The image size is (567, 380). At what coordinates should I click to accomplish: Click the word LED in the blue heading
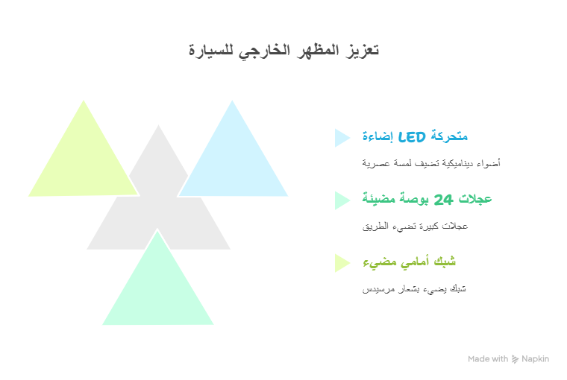point(412,137)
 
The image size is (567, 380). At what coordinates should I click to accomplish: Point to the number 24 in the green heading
point(443,200)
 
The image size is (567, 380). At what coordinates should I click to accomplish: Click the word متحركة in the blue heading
point(449,137)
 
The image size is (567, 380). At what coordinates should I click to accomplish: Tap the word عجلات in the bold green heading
point(475,200)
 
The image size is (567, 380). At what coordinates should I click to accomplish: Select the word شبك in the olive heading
point(445,262)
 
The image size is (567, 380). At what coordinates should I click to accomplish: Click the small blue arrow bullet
point(342,138)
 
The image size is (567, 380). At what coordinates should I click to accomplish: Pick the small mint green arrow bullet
point(342,200)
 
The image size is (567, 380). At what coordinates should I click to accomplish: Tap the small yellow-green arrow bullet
point(342,263)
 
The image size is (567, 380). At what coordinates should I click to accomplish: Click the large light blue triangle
point(233,162)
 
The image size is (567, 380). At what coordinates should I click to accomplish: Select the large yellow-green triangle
point(84,162)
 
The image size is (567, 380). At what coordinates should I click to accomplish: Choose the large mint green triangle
point(158,291)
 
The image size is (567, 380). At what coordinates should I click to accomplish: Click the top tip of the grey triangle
point(158,125)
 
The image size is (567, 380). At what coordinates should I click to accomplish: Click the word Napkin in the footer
point(535,359)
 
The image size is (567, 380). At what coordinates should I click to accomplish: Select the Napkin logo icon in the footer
point(515,359)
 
